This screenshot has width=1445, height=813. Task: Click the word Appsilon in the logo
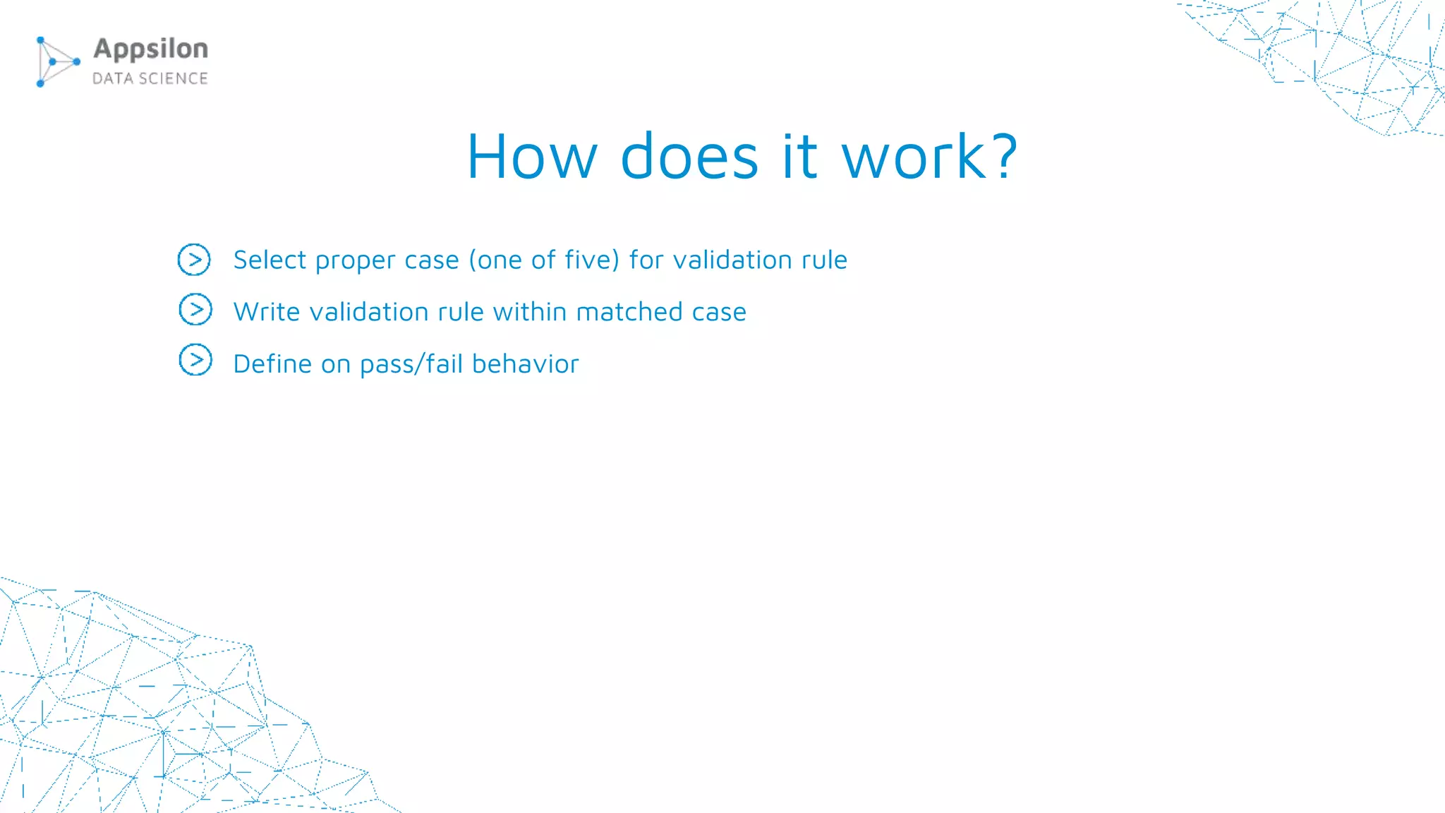coord(150,49)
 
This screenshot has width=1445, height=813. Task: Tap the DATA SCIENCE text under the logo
coord(150,78)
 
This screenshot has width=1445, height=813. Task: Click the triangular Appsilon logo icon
coord(56,62)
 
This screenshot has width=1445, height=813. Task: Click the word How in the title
coord(532,157)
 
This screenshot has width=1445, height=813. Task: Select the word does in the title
coord(689,157)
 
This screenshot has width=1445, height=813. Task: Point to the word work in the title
coord(914,157)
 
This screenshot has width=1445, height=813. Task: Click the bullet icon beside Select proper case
coord(194,260)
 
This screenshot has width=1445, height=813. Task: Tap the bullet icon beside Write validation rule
coord(195,310)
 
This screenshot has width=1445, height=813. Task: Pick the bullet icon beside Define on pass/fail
coord(195,361)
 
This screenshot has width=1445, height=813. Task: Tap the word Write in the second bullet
coord(267,312)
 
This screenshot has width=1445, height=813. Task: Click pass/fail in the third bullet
coord(411,364)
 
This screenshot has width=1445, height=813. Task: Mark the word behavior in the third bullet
coord(525,364)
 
